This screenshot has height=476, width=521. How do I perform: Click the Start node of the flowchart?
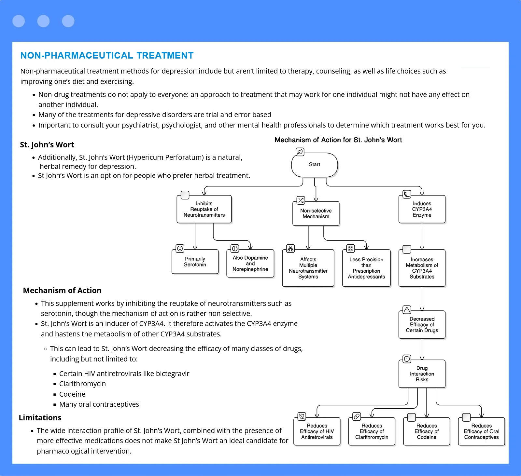click(x=315, y=165)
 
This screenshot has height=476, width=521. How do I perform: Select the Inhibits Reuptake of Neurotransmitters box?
click(x=204, y=209)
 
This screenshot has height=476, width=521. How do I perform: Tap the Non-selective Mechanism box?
click(x=316, y=213)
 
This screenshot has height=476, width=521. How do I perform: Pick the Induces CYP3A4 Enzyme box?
click(x=422, y=209)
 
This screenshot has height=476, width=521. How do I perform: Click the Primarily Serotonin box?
click(x=195, y=262)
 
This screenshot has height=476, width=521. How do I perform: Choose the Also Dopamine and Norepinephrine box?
click(x=250, y=263)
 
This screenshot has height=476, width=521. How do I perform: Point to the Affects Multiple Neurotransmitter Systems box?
click(x=308, y=268)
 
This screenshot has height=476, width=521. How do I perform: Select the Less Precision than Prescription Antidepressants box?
click(x=366, y=268)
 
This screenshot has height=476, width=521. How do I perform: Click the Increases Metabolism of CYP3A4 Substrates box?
click(x=422, y=268)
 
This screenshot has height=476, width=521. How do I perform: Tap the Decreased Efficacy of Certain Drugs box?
click(x=422, y=325)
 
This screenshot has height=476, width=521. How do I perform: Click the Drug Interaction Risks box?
click(x=422, y=374)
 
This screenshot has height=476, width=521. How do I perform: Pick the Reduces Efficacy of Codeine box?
click(x=427, y=431)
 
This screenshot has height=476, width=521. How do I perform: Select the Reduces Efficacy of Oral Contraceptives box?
click(x=482, y=431)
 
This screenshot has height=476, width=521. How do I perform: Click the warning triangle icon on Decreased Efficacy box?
click(x=407, y=310)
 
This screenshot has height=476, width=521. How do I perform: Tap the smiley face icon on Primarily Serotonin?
click(x=180, y=249)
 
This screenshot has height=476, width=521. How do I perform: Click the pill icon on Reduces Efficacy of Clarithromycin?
click(x=357, y=416)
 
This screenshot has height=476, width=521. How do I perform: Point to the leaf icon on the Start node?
click(x=300, y=152)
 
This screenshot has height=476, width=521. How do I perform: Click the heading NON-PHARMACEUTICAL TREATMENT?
click(x=107, y=56)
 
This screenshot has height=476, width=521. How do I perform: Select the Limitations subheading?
click(x=40, y=418)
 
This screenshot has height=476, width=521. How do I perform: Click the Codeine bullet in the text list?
click(x=72, y=394)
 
